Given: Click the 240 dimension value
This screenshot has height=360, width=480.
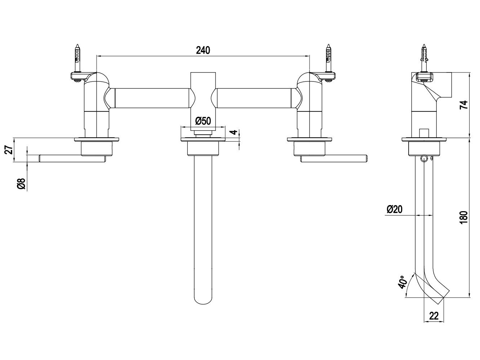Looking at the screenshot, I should click(203, 50).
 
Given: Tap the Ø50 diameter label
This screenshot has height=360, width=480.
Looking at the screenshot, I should click(203, 121).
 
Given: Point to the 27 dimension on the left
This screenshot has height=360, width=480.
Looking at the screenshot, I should click(11, 150).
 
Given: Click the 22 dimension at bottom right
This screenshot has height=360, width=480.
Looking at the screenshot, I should click(434, 316).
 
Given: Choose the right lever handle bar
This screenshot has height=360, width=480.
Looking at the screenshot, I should click(334, 159).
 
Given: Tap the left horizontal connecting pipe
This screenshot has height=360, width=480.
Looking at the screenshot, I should click(152, 98).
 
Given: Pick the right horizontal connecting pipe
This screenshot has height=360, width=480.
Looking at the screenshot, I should click(254, 98).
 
